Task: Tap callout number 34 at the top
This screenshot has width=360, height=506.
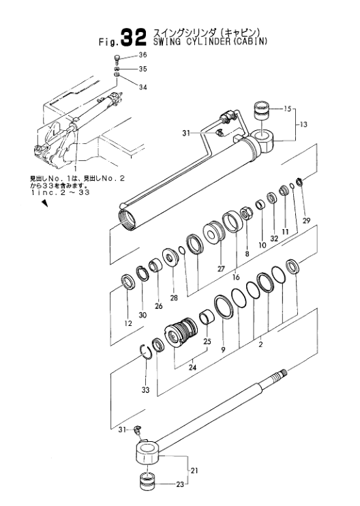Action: pyautogui.click(x=142, y=87)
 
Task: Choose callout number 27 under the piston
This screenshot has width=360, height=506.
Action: pyautogui.click(x=220, y=269)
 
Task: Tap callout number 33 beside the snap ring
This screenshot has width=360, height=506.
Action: pyautogui.click(x=144, y=391)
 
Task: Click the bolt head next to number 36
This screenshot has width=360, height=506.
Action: pyautogui.click(x=117, y=57)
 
